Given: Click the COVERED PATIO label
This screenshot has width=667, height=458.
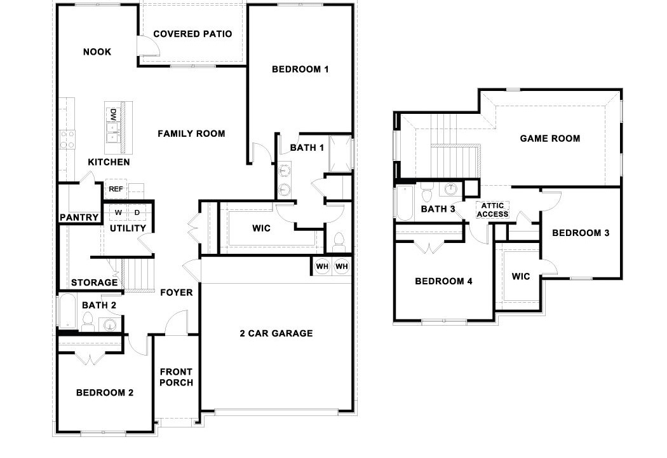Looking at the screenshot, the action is click(192, 34).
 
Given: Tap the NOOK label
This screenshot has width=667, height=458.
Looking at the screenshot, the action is click(97, 52).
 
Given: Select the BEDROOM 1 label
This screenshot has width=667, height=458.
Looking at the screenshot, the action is click(300, 69).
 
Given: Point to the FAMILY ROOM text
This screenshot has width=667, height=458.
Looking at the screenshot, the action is click(191, 134).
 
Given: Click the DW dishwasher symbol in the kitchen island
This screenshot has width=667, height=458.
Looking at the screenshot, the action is click(113, 114).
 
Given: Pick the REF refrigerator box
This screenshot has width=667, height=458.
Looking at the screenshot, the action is click(116, 189).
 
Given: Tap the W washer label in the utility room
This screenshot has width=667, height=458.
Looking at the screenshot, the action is click(118, 212).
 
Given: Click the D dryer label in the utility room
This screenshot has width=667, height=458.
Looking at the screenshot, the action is click(137, 212).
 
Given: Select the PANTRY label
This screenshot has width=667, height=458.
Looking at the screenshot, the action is click(79, 218).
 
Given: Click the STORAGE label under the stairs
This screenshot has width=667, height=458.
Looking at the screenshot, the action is click(95, 282).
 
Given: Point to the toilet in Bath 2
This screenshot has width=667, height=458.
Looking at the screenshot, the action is click(88, 321).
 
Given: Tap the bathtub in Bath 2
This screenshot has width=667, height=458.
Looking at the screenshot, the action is click(67, 312).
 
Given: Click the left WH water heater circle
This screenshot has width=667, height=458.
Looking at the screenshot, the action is click(322, 267).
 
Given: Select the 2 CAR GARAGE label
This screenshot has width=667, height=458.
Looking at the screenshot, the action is click(276, 333).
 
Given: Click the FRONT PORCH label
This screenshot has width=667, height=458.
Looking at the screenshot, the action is click(176, 377).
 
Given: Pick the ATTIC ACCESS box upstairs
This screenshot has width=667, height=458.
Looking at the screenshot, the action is click(492, 210).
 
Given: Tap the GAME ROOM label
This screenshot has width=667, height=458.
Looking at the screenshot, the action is click(550, 139).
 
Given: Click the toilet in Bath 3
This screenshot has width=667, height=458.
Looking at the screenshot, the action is click(427, 193).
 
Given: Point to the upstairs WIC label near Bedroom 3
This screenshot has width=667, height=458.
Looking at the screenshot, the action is click(521, 277).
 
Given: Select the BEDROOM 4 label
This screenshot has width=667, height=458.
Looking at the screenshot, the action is click(443, 281).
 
